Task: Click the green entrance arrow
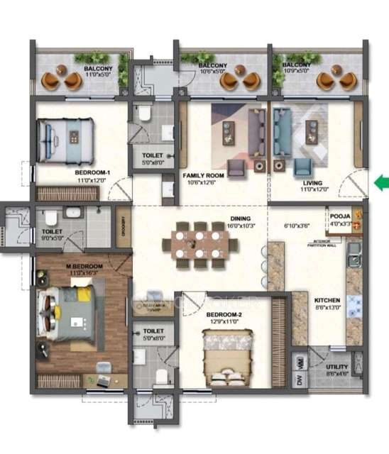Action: click(x=382, y=184)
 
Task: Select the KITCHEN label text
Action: click(x=328, y=299)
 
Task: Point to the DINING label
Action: click(x=240, y=218)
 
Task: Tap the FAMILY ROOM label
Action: click(x=203, y=175)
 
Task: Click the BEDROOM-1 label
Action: click(x=92, y=172)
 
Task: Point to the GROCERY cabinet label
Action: click(x=124, y=228)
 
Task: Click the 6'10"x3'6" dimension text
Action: click(x=297, y=226)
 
